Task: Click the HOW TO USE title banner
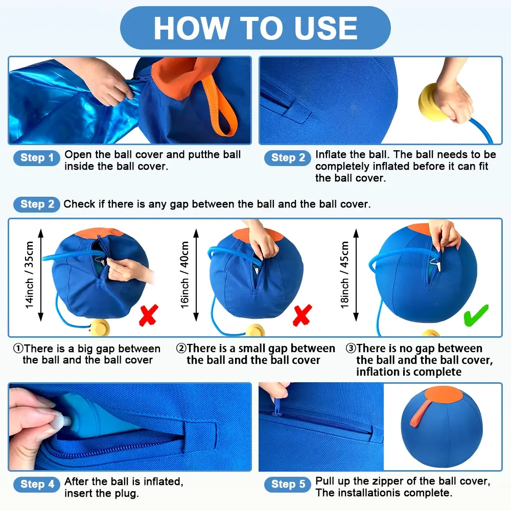click(x=255, y=28)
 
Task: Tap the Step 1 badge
click(x=37, y=158)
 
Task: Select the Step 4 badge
click(x=37, y=484)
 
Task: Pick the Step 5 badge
click(x=288, y=484)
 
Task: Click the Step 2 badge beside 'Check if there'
click(x=37, y=204)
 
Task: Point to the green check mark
click(x=476, y=315)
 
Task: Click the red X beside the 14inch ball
click(x=149, y=315)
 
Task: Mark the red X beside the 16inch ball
click(x=303, y=315)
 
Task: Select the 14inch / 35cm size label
click(x=29, y=275)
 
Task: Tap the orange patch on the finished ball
click(x=444, y=394)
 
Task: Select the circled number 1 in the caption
click(x=18, y=349)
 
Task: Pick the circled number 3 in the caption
click(x=351, y=349)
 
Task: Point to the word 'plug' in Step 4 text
click(x=128, y=494)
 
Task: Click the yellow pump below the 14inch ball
click(x=100, y=327)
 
